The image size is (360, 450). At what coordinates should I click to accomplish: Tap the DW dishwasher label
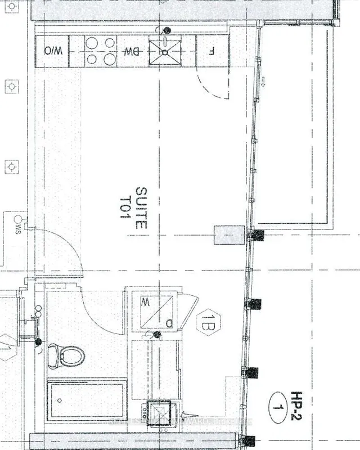[132, 51]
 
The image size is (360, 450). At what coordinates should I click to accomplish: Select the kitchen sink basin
[165, 51]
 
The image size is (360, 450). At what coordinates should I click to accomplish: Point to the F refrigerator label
[211, 51]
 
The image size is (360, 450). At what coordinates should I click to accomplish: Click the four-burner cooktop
[99, 51]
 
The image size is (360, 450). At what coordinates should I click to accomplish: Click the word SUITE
[141, 207]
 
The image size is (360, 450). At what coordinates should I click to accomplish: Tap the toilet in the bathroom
[67, 355]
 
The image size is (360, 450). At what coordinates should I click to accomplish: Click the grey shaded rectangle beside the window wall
[229, 235]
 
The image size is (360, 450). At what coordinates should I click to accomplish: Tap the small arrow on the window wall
[262, 84]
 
